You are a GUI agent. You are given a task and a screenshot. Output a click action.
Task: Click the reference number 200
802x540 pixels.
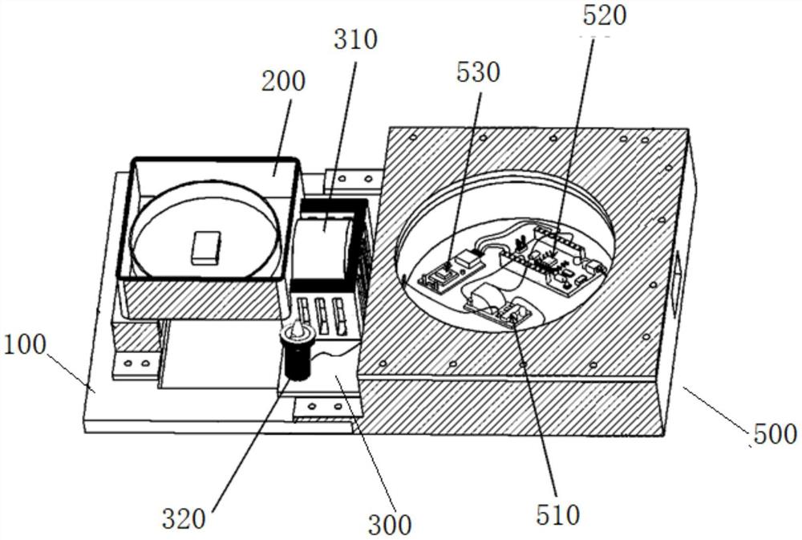coord(282,82)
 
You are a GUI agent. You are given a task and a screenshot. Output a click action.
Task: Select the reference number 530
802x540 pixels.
coord(478,72)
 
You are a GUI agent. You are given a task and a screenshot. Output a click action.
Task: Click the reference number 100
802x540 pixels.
coord(25,347)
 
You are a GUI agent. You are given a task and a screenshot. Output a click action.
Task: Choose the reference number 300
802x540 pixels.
coord(390,526)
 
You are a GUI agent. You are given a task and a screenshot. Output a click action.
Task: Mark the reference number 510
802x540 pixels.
coord(557,514)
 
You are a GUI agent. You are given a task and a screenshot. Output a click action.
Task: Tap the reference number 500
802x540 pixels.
coord(775,435)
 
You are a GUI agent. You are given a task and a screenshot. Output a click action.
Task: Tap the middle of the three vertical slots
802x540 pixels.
coord(321,315)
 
